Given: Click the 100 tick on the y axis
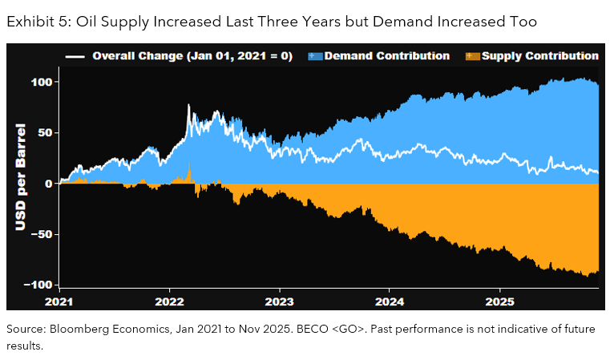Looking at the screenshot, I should click(42, 83).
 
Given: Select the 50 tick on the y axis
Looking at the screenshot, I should click(45, 133).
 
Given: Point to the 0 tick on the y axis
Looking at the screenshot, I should click(49, 184).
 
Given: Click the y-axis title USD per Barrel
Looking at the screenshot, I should click(21, 177).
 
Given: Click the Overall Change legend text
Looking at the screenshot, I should click(192, 56).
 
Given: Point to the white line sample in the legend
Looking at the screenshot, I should click(75, 57).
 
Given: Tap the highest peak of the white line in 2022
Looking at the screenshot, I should click(188, 106).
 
